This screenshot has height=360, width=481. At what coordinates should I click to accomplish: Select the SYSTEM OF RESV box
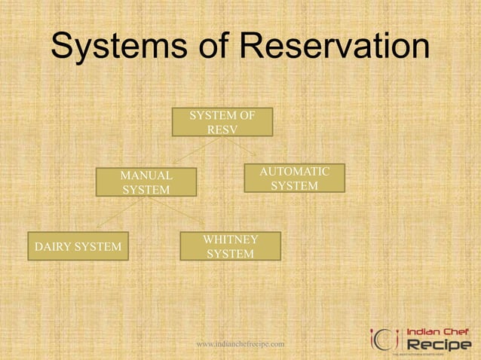(x=222, y=122)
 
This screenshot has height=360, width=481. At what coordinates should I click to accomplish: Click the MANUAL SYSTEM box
(x=146, y=182)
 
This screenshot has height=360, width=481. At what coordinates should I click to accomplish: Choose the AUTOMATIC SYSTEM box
(x=294, y=178)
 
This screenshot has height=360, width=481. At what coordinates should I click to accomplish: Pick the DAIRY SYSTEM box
(x=78, y=246)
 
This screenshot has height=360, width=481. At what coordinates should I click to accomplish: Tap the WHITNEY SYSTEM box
(x=231, y=246)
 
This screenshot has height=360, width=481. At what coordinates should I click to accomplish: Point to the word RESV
(x=222, y=130)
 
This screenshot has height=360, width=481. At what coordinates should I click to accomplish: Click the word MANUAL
(x=146, y=175)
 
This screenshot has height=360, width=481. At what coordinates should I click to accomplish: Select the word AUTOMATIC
(x=294, y=172)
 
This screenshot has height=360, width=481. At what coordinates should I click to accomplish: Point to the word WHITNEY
(x=231, y=239)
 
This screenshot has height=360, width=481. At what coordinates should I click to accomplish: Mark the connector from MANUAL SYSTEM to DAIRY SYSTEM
(x=114, y=215)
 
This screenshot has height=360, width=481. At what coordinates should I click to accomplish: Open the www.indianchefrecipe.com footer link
(x=240, y=344)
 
